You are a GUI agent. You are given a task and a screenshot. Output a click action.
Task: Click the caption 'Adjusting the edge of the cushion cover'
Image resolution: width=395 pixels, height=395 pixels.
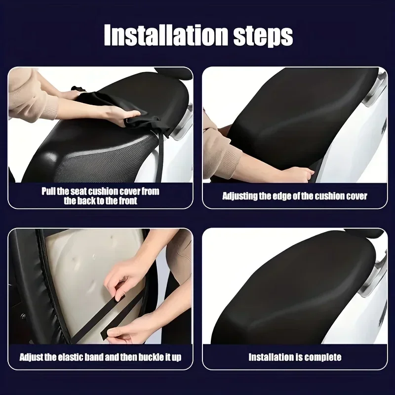[x=295, y=196]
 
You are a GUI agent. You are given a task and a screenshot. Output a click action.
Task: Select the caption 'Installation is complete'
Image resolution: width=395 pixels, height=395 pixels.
[x=295, y=357]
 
